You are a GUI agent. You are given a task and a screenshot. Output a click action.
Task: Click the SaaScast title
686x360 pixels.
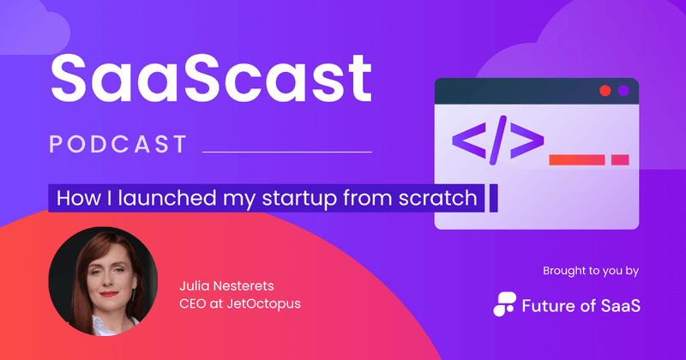(211, 79)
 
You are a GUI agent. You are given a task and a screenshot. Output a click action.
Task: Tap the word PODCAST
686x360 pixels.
(118, 144)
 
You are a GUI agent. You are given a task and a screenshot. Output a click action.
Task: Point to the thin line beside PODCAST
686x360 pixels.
(286, 152)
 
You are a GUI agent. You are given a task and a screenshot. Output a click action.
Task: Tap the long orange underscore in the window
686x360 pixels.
(577, 159)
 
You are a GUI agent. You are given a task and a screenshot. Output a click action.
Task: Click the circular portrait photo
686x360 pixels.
(103, 280)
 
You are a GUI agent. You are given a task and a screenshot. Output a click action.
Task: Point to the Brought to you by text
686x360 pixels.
(590, 271)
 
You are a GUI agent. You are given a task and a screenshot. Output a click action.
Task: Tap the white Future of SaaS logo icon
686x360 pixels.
(507, 303)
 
